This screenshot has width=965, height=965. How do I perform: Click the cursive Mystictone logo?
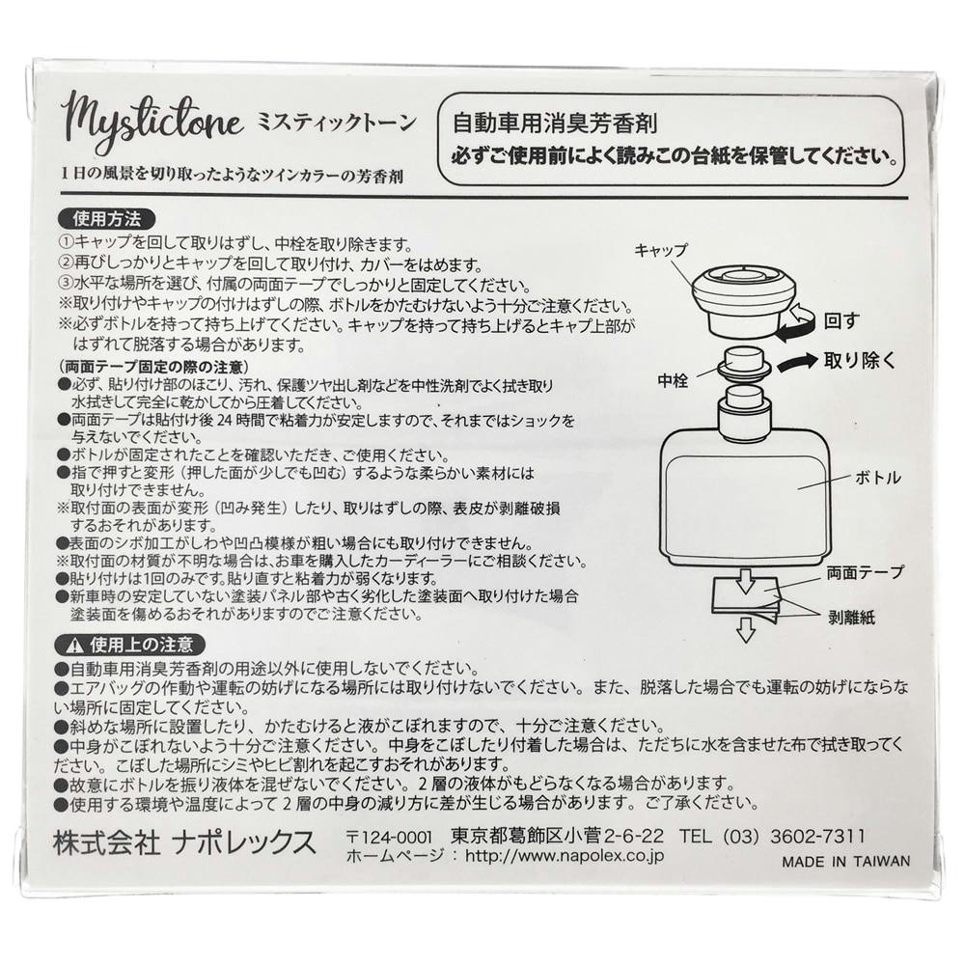coord(152,124)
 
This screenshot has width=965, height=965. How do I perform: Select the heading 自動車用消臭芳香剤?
coord(555,124)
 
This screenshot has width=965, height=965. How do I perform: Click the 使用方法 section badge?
coord(106,219)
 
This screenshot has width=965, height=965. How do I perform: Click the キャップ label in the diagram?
coord(660,251)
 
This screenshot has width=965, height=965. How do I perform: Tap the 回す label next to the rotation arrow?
coord(841,320)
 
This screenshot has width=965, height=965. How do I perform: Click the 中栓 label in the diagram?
coord(673,381)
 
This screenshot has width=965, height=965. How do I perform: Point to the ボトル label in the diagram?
coord(877,478)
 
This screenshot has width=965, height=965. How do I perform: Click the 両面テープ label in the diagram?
coord(865,573)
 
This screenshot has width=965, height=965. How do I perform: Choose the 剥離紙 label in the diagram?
coord(851,618)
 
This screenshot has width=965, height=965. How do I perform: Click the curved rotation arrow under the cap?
coord(796,323)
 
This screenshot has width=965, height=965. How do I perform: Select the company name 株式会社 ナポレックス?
coord(184,842)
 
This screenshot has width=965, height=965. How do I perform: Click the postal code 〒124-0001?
coord(390,837)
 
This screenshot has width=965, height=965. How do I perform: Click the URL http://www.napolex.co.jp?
coord(565,855)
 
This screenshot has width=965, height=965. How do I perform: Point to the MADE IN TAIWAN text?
coord(845,862)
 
